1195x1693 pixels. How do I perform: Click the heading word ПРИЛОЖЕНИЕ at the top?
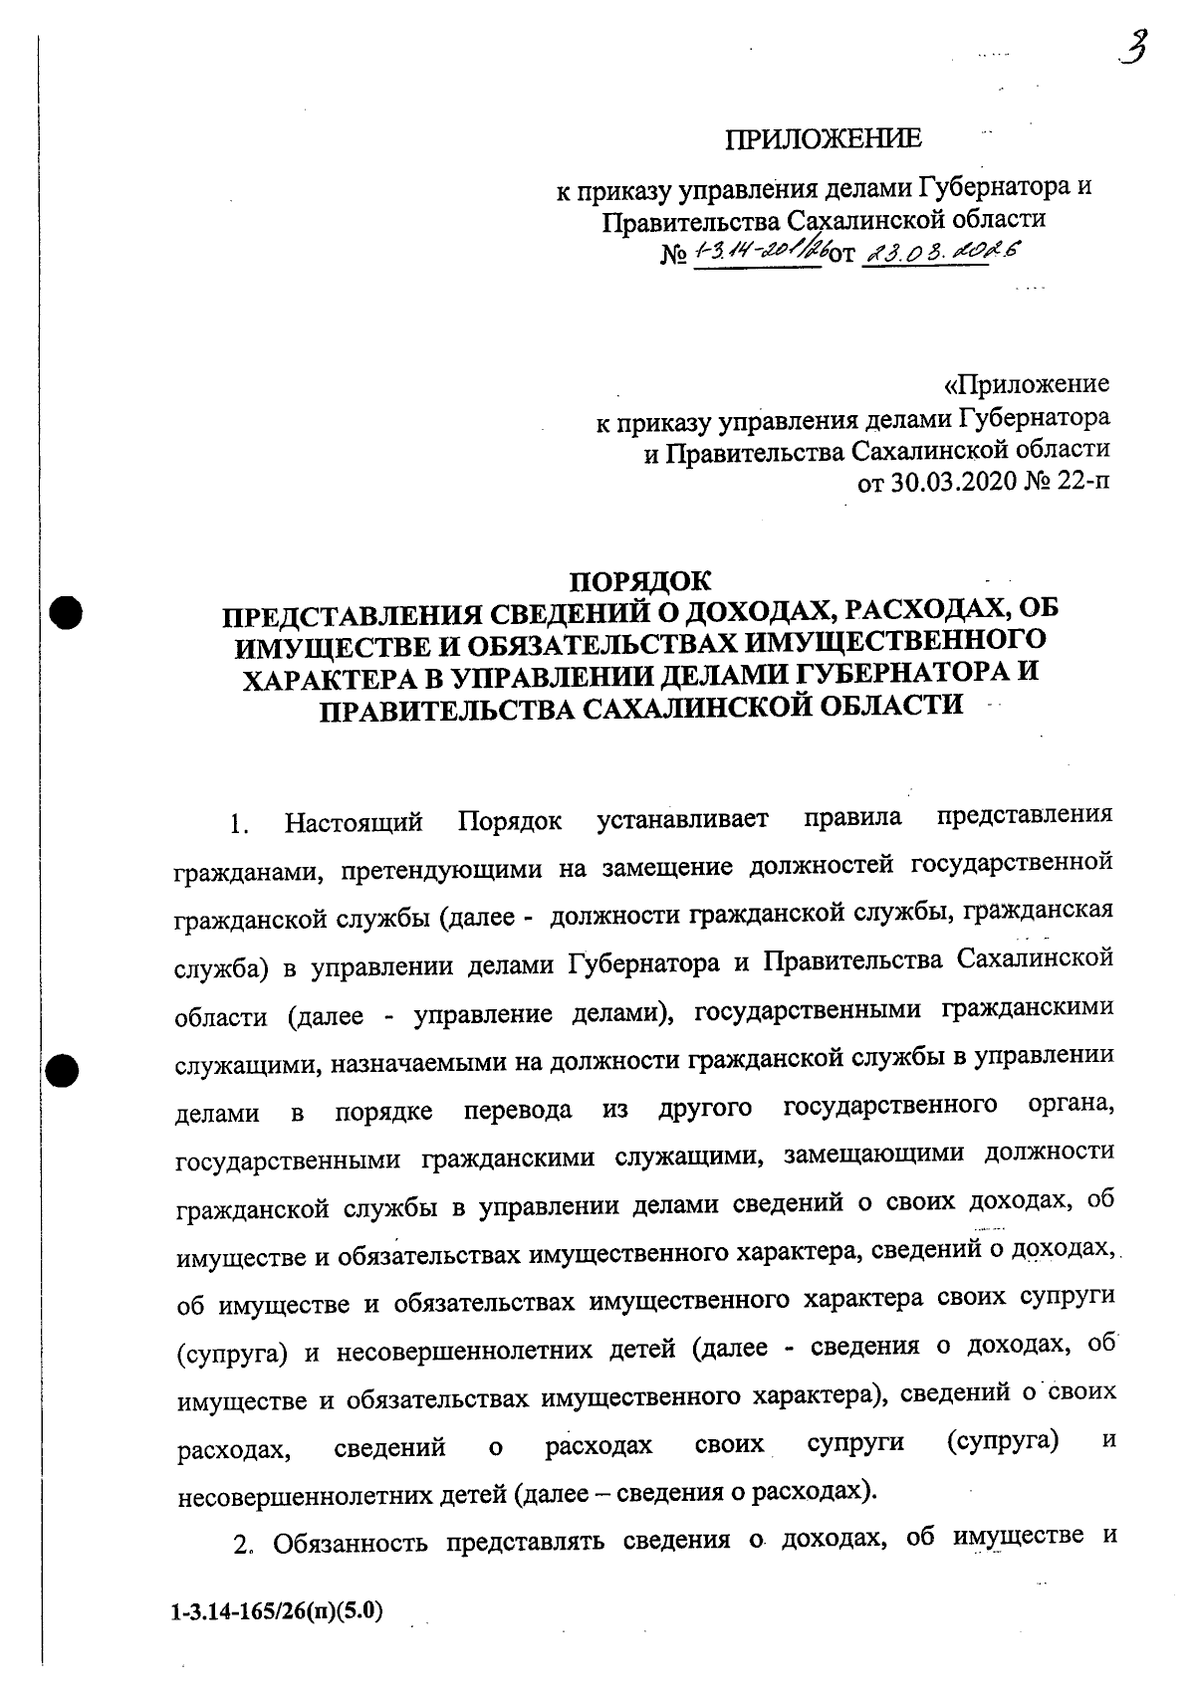823,139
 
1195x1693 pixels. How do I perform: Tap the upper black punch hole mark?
66,611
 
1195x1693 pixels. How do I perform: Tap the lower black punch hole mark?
64,1071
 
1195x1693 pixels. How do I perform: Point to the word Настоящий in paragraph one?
354,823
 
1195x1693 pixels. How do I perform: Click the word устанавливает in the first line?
683,821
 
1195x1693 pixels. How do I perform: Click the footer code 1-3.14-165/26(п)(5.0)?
277,1609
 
